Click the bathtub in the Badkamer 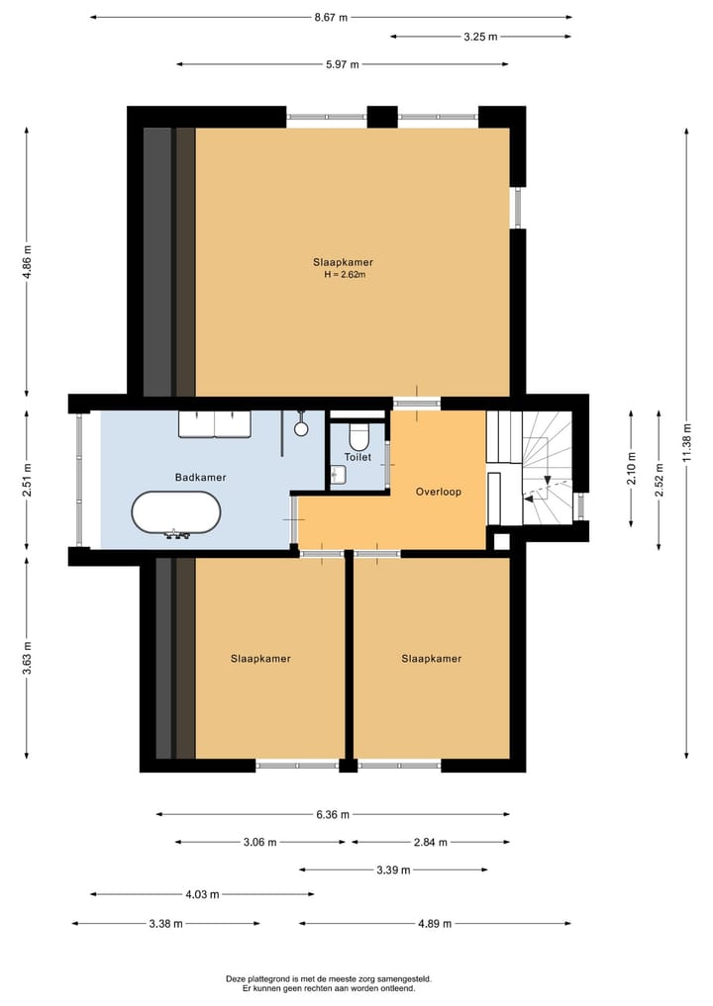[176, 513]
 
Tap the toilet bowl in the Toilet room [357, 436]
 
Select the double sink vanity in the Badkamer [215, 424]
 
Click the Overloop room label [438, 492]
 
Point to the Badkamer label [200, 478]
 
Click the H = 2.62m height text [345, 275]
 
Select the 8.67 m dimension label [331, 18]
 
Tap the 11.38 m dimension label [686, 443]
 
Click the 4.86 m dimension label [27, 263]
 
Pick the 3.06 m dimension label [260, 843]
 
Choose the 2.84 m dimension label [431, 843]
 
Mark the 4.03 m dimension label [202, 894]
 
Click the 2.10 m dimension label [632, 468]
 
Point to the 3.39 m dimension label [393, 869]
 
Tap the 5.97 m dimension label [343, 64]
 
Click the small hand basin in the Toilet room [339, 475]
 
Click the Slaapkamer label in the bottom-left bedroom [260, 658]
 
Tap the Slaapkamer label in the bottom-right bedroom [432, 658]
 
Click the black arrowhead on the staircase [548, 480]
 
